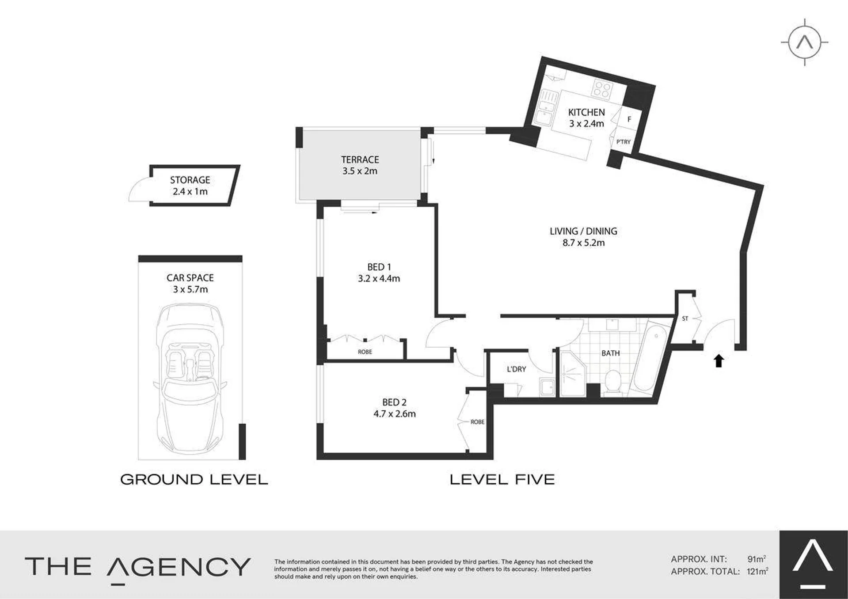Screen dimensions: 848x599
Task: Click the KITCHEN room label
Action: pyautogui.click(x=586, y=112)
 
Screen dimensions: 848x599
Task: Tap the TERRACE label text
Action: pyautogui.click(x=360, y=159)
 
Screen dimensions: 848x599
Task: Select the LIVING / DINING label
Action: pyautogui.click(x=583, y=231)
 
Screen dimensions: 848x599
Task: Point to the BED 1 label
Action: pyautogui.click(x=379, y=267)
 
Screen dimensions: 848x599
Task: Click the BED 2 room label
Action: pyautogui.click(x=394, y=402)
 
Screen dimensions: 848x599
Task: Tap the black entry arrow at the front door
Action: pyautogui.click(x=719, y=360)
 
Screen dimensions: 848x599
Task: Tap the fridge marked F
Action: pyautogui.click(x=629, y=119)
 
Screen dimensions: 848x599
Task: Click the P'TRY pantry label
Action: pyautogui.click(x=623, y=142)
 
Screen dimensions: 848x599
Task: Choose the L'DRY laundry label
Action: pyautogui.click(x=516, y=369)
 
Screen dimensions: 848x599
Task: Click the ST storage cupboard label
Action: pyautogui.click(x=685, y=318)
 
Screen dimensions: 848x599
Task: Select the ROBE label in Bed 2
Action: pyautogui.click(x=477, y=422)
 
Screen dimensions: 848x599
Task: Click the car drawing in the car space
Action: pyautogui.click(x=190, y=378)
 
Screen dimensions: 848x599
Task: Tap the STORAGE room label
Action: pyautogui.click(x=190, y=180)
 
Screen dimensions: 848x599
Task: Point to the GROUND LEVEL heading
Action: pyautogui.click(x=194, y=479)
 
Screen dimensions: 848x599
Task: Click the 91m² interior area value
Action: pyautogui.click(x=756, y=559)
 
